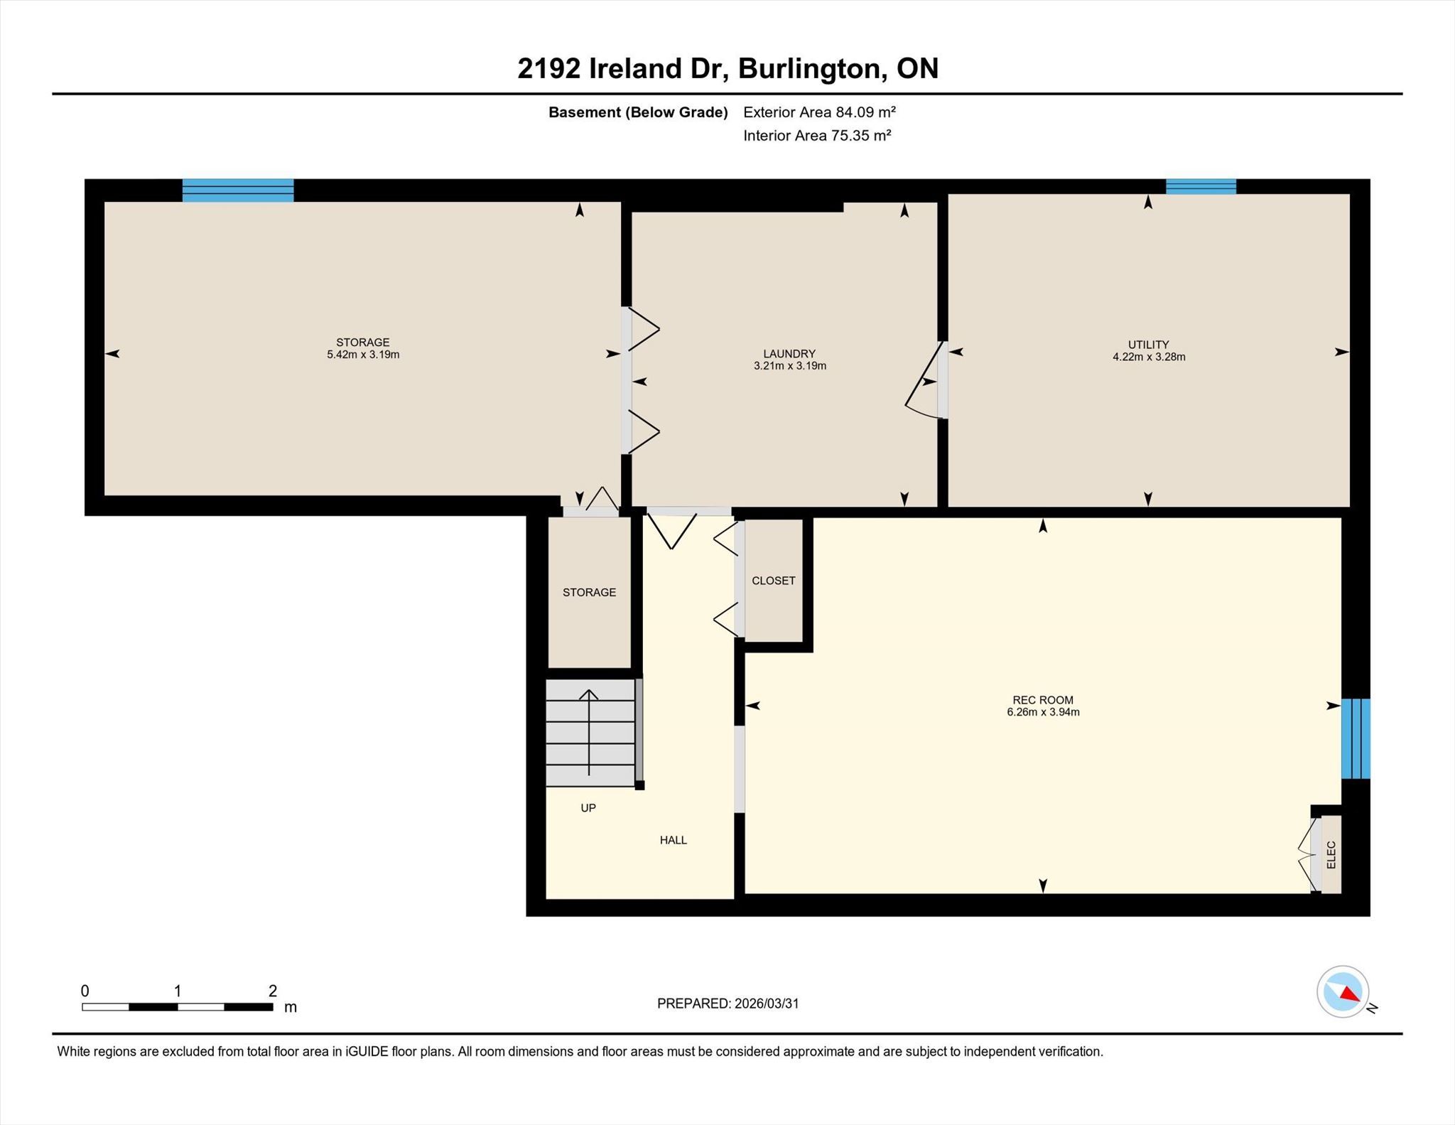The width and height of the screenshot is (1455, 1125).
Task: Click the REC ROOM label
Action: (x=1043, y=700)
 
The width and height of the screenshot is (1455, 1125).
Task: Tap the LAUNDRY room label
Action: (x=789, y=354)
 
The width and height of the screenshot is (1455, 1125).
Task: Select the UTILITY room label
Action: (x=1149, y=345)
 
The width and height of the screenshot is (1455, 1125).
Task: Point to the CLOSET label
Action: (x=774, y=581)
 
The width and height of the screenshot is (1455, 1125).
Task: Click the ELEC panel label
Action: (x=1331, y=855)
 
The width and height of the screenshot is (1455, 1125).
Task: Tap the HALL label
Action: (x=674, y=840)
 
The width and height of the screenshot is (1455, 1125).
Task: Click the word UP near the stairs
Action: (x=588, y=808)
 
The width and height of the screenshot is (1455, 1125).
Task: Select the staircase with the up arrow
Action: (x=590, y=733)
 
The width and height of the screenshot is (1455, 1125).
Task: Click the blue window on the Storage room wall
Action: (x=238, y=190)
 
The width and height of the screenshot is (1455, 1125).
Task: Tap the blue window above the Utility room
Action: (x=1201, y=186)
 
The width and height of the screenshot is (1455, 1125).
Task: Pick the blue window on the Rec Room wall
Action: (x=1356, y=739)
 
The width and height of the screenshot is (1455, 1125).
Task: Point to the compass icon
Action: (x=1343, y=992)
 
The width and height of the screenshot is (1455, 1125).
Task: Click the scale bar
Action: (x=178, y=1007)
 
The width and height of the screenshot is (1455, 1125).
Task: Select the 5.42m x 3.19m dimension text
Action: (x=363, y=355)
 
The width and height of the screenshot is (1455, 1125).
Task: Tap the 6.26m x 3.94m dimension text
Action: (x=1043, y=712)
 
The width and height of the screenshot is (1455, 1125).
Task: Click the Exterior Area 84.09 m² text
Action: (x=819, y=112)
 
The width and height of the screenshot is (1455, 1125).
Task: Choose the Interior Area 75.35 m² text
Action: (x=817, y=136)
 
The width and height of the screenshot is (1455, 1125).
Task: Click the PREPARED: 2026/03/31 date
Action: (x=728, y=1003)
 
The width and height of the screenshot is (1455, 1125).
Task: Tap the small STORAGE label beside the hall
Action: (x=589, y=593)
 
